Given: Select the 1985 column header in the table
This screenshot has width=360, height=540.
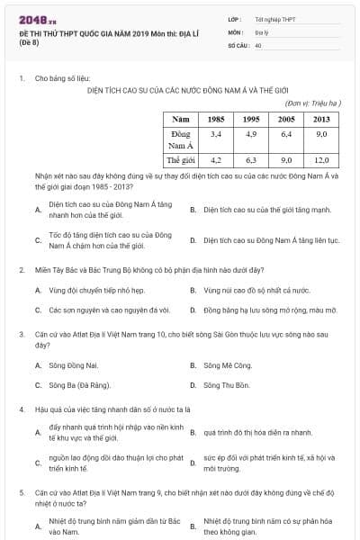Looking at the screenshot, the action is [215, 119].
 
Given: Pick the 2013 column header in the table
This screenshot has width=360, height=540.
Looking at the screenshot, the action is [321, 119].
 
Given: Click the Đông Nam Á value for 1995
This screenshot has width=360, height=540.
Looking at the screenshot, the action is [251, 133].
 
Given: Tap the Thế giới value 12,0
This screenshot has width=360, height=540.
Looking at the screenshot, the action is [321, 159].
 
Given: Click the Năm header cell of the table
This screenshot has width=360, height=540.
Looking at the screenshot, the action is [182, 119].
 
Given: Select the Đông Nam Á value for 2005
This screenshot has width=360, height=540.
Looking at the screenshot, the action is [286, 133].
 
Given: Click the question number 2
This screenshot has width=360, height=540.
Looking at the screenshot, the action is [21, 269].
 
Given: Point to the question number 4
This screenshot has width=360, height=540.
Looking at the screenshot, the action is [21, 409].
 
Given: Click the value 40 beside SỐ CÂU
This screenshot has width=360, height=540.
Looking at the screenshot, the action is [259, 44].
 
